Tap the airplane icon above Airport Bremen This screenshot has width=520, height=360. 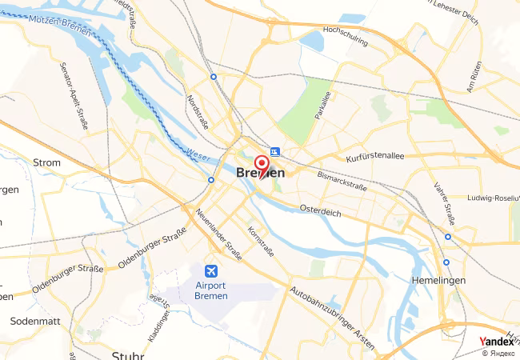211,270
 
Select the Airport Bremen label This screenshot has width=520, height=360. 211,290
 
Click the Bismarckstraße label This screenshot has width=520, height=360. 342,180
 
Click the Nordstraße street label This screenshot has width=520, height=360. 196,112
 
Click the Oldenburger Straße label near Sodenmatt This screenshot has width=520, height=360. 68,278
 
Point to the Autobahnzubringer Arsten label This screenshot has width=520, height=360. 332,318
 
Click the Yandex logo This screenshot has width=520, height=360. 497,341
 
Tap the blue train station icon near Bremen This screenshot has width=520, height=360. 274,151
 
